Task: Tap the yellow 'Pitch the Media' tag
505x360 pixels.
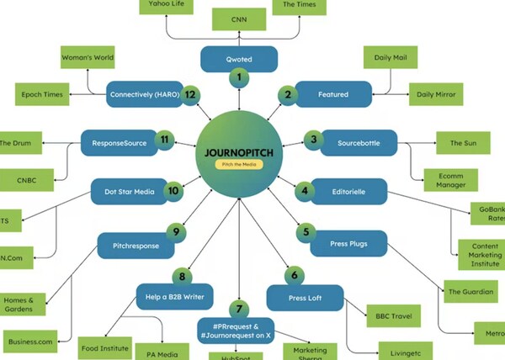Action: [x=239, y=165]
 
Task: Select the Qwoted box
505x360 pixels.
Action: [x=239, y=59]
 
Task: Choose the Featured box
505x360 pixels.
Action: [x=333, y=95]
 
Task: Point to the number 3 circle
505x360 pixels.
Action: [x=314, y=140]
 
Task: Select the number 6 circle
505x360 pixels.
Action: [x=294, y=274]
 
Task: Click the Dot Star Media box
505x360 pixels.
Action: [x=127, y=192]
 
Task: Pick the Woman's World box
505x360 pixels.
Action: [x=88, y=58]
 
